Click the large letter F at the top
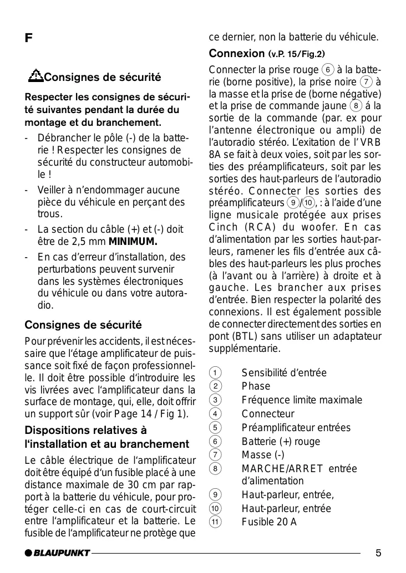coord(28,39)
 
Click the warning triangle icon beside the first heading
coord(36,75)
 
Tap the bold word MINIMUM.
coord(133,242)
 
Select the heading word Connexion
coord(237,54)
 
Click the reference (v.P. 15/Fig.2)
coord(297,54)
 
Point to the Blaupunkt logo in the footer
coord(57,552)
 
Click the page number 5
coord(378,552)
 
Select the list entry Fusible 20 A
coord(269,522)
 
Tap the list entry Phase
coord(256,386)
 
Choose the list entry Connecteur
coord(268,413)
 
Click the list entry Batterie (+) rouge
coord(281,441)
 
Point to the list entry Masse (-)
coord(263,455)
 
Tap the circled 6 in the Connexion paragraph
coord(328,70)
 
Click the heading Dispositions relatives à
coord(86,430)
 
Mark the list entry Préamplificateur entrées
coord(296,427)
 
